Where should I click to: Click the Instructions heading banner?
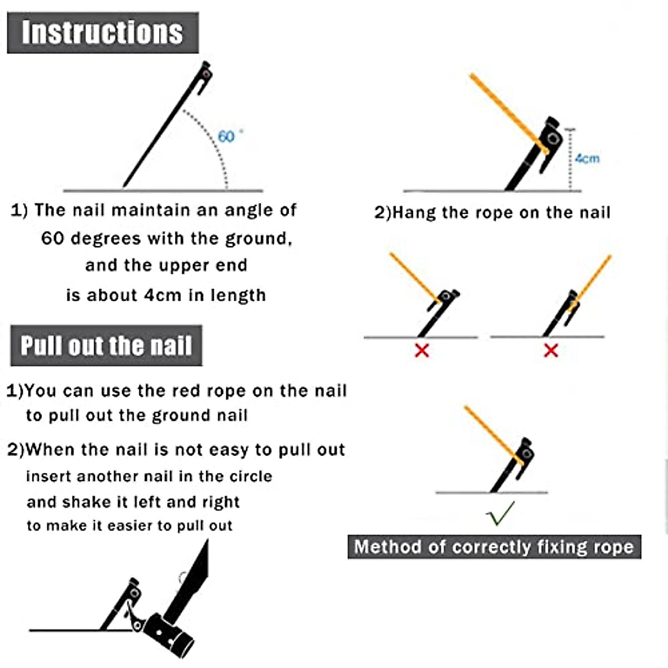pos(102,32)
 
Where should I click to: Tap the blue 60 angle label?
pos(226,136)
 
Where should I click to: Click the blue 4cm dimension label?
pos(587,159)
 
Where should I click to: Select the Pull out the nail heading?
pos(106,346)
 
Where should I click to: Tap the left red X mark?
pos(422,350)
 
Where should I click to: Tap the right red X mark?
pos(551,350)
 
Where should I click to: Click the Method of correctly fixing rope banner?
pos(494,547)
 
